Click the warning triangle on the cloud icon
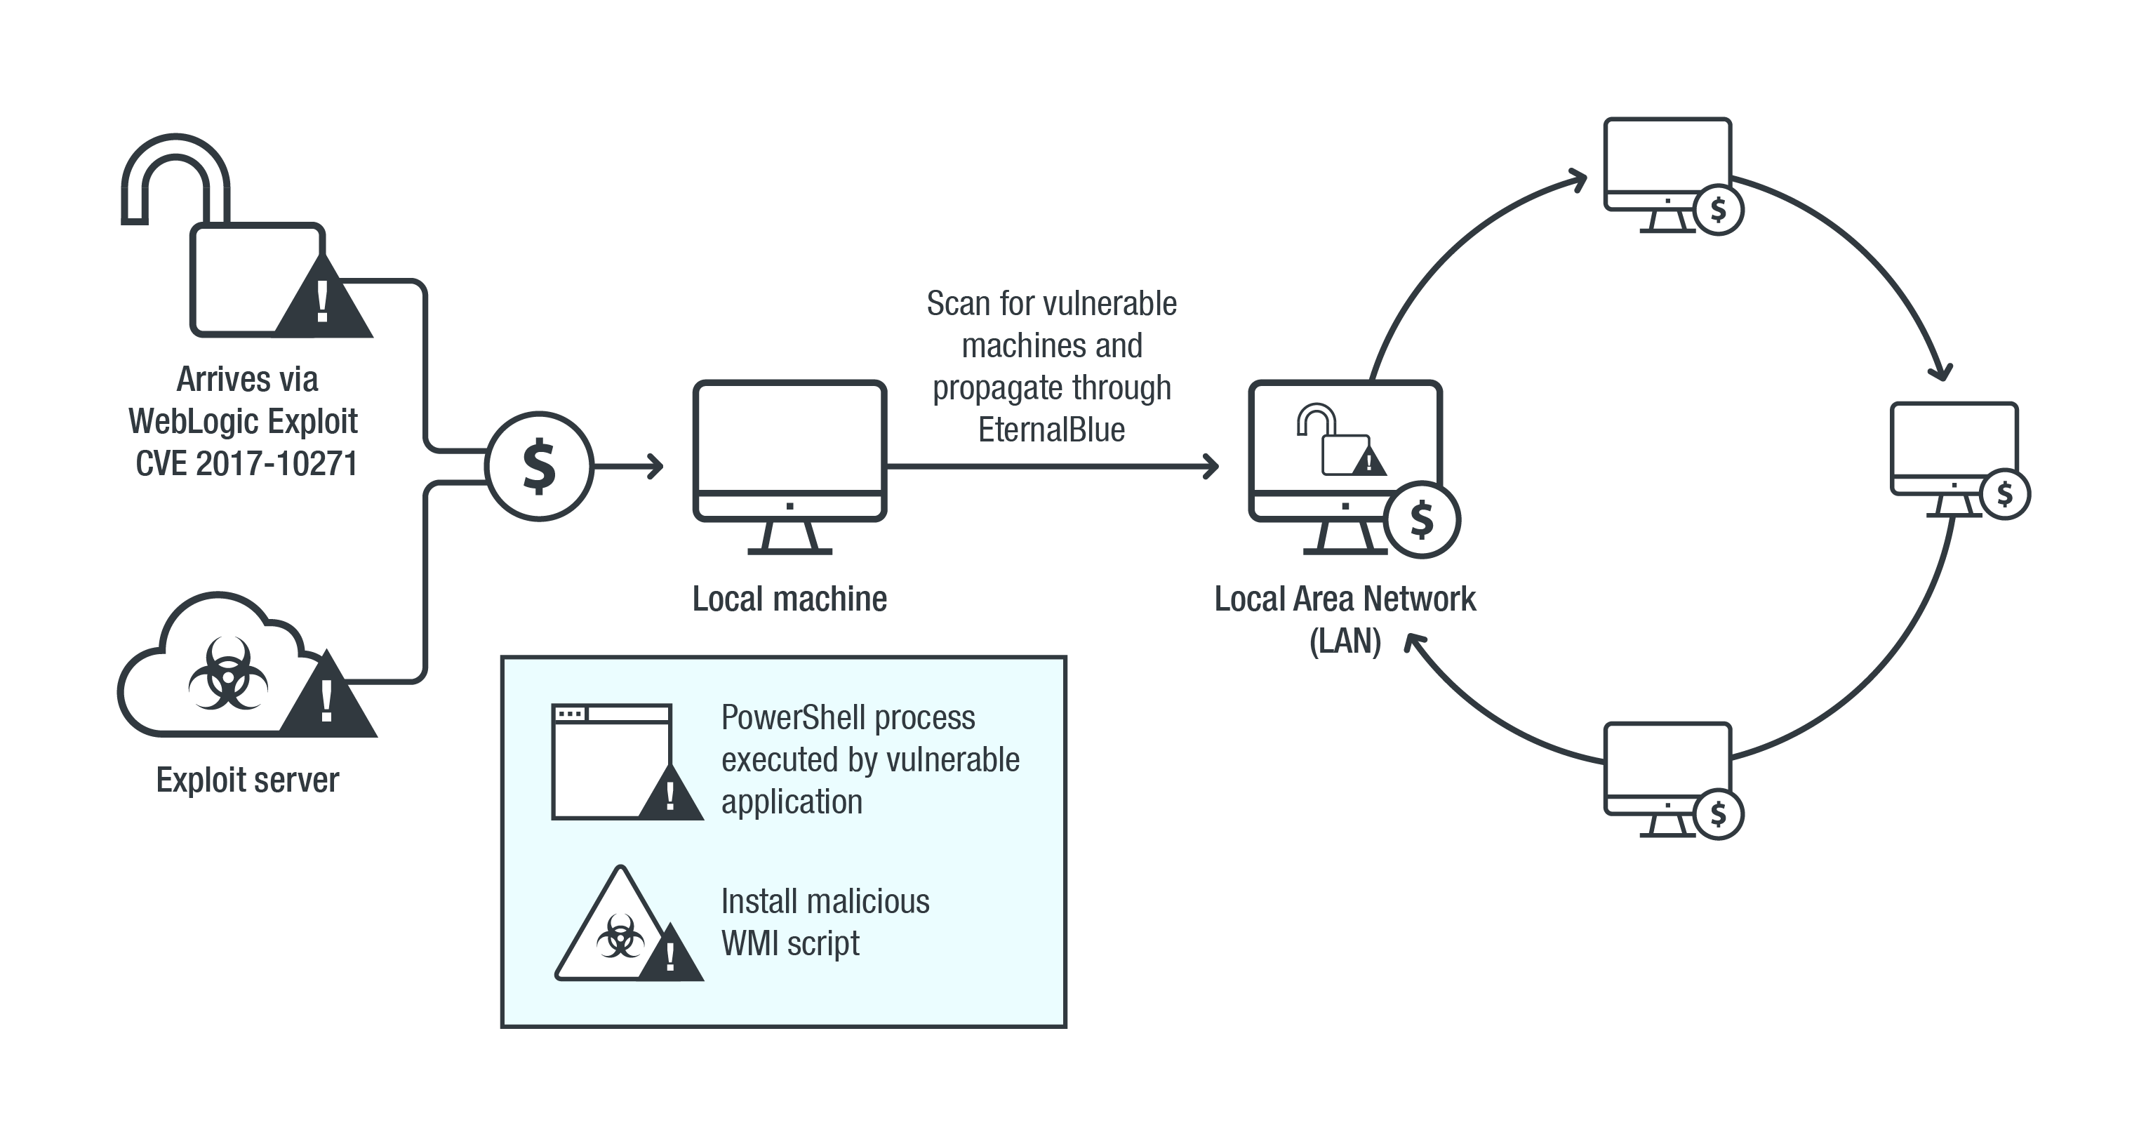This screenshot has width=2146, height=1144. pos(328,698)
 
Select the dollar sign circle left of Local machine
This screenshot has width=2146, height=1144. pos(539,466)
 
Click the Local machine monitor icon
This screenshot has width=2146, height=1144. pos(789,454)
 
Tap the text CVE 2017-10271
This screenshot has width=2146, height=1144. pos(246,463)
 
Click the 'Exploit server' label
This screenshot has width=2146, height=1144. pos(248,780)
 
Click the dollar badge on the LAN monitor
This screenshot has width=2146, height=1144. pos(1421,520)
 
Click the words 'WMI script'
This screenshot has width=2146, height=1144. pos(789,943)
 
